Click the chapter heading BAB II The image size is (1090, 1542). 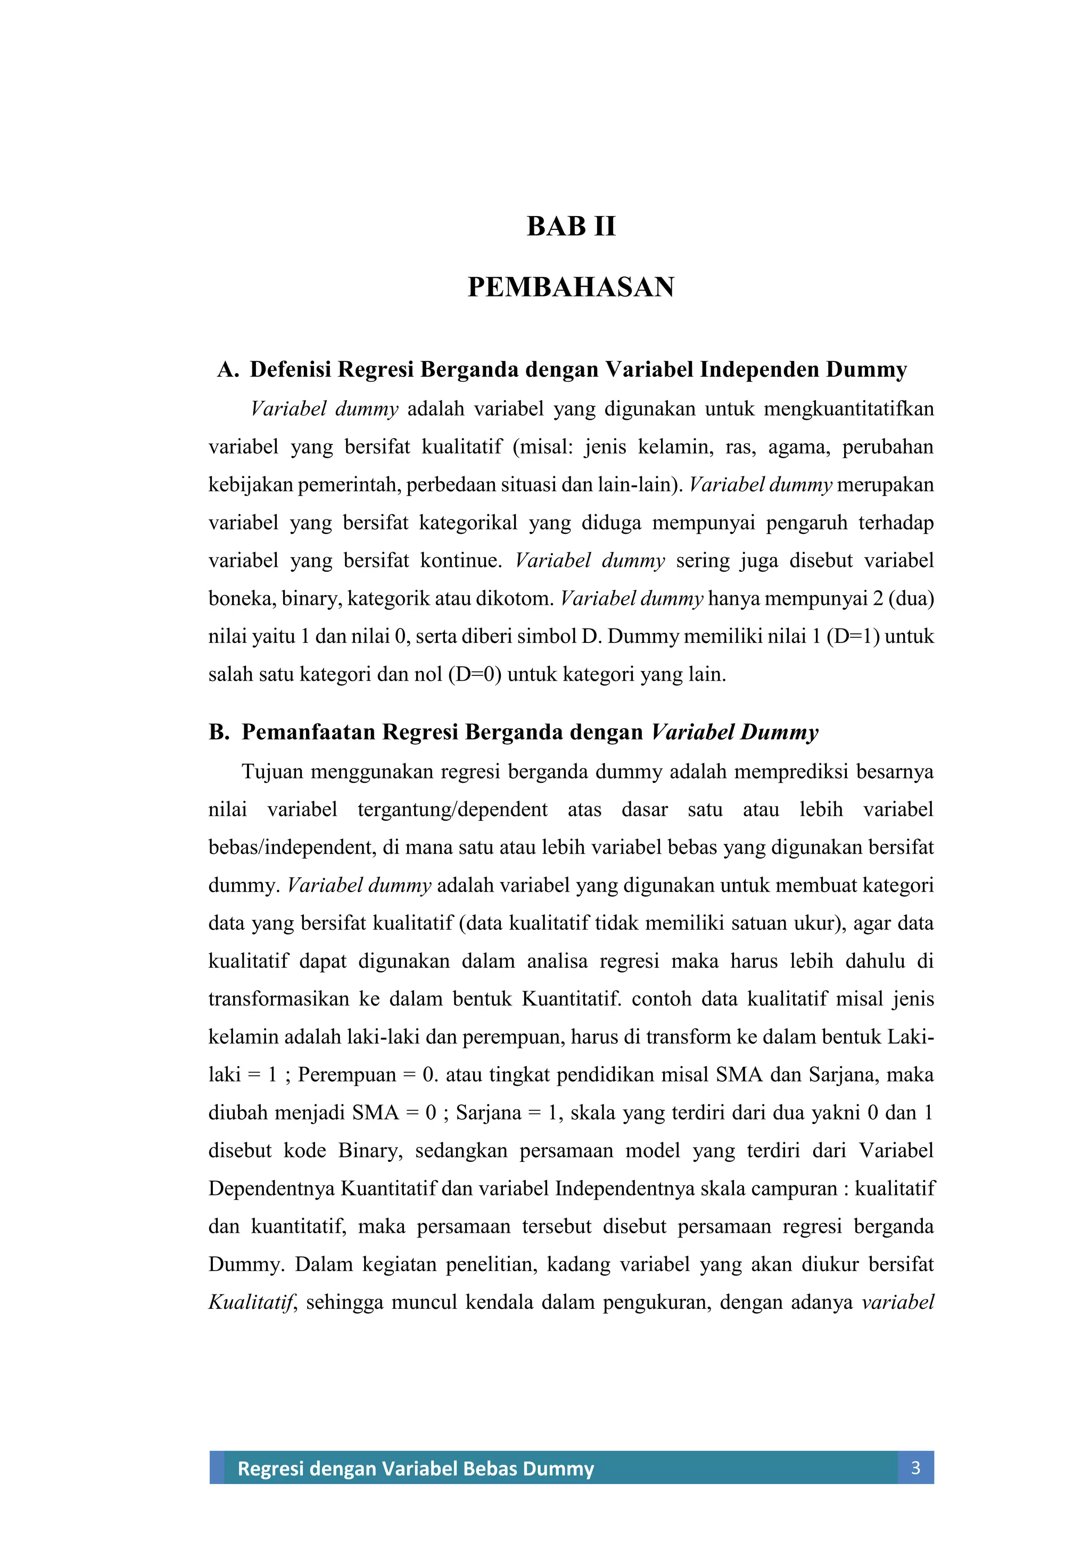(x=571, y=226)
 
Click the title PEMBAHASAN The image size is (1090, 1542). (x=571, y=287)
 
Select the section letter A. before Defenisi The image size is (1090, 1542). (x=228, y=369)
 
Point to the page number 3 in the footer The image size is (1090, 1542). (x=915, y=1467)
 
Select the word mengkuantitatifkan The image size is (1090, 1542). (x=849, y=409)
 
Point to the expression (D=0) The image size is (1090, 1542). (x=475, y=674)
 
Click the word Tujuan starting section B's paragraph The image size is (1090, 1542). (x=271, y=772)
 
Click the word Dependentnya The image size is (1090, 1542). (x=271, y=1189)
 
